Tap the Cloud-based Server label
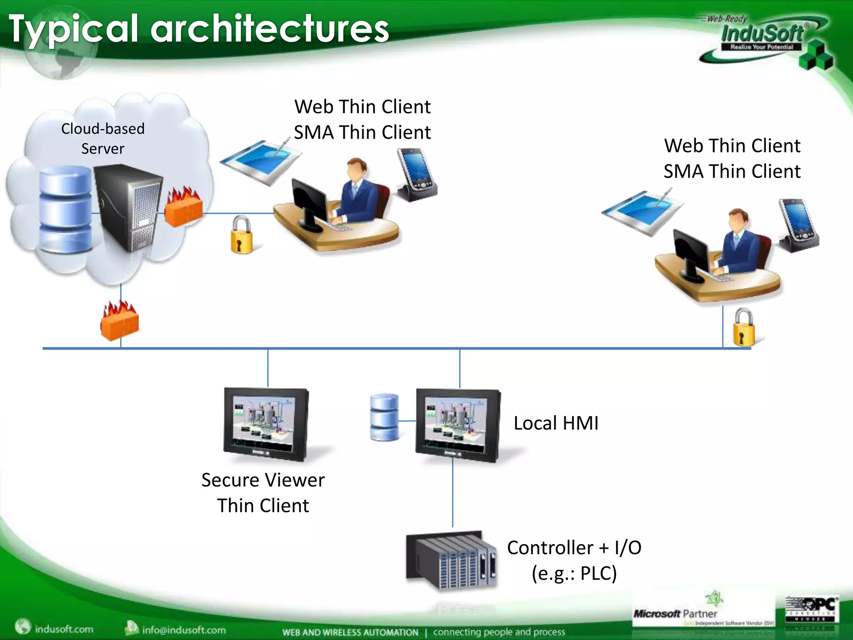103,138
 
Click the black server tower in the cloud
127,206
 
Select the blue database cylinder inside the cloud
65,208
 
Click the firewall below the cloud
120,321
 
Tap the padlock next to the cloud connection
242,235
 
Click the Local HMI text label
556,423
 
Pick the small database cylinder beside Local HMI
384,417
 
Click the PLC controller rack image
452,560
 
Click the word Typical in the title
73,29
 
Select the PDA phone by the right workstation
798,225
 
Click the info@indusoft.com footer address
183,630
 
